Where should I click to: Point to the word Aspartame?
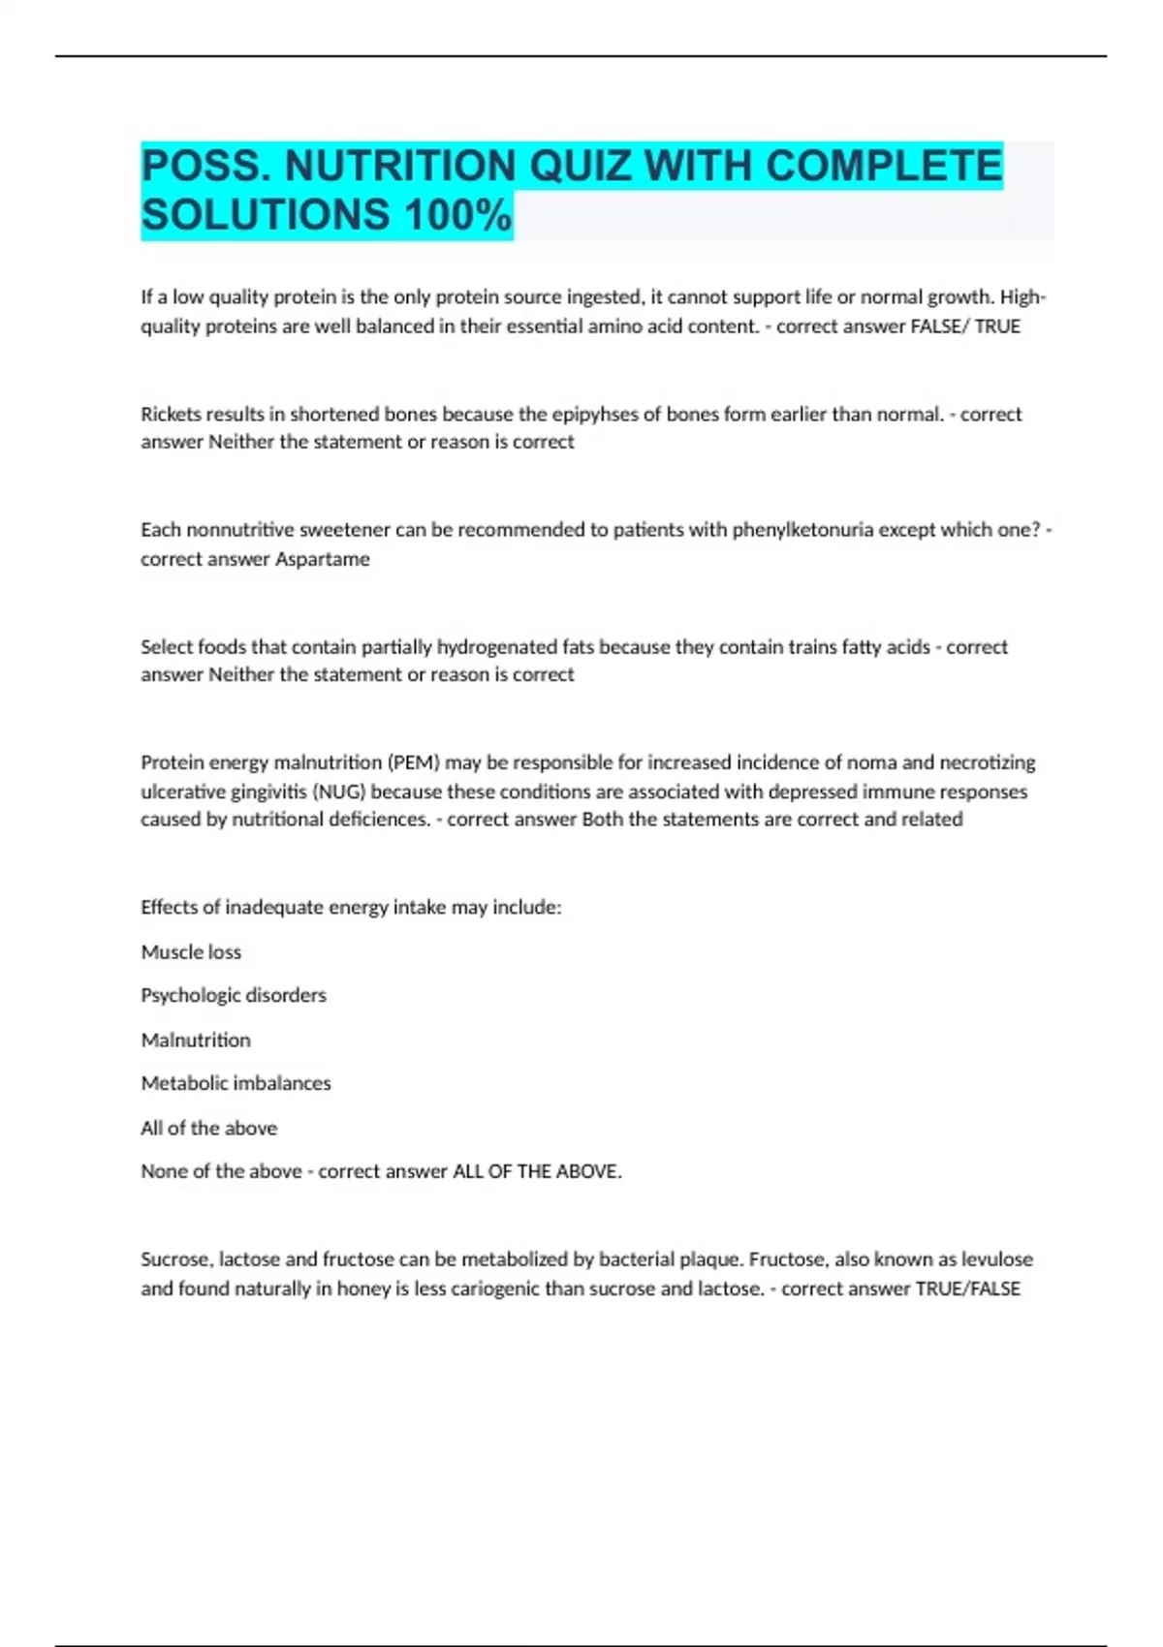click(323, 559)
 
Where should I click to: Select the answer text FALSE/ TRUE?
click(965, 326)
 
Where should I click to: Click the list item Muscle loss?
click(191, 952)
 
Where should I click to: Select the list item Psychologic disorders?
click(234, 995)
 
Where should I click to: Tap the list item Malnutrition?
click(196, 1040)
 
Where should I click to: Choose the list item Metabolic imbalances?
click(236, 1083)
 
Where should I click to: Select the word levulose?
click(997, 1259)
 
